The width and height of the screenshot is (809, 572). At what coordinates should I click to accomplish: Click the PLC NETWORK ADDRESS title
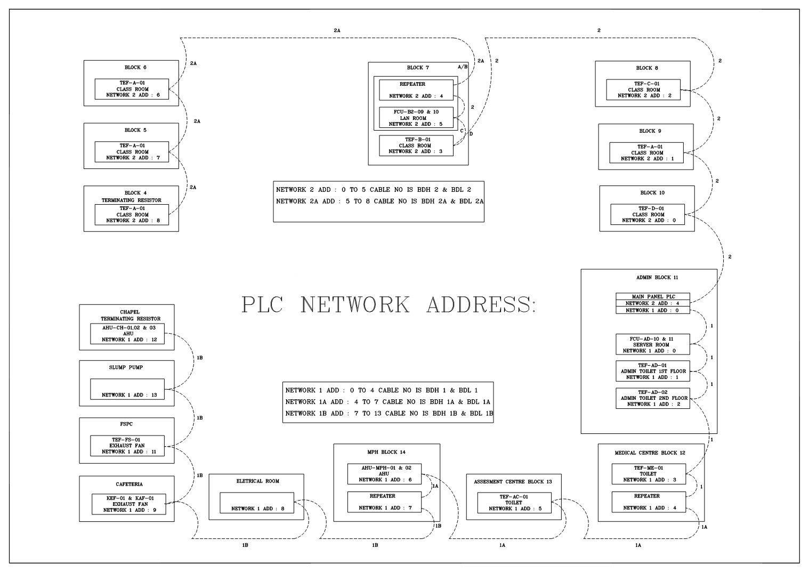[x=389, y=304]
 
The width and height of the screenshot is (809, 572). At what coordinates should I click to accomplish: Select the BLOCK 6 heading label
[x=135, y=68]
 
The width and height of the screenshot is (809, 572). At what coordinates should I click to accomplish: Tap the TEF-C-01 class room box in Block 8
[x=643, y=90]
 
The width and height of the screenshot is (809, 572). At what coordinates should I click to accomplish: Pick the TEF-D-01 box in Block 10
[x=648, y=214]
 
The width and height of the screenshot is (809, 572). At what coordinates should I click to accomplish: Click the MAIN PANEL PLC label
[x=653, y=296]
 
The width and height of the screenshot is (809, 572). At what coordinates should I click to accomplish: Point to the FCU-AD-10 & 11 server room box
[x=652, y=344]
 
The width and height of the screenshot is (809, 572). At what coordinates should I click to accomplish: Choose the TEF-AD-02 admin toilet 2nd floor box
[x=652, y=398]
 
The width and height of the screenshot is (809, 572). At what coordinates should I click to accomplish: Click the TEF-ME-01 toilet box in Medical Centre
[x=648, y=474]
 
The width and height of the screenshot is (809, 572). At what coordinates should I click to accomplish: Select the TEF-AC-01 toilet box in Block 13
[x=514, y=503]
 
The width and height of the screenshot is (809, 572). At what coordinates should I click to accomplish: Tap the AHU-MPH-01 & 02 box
[x=384, y=474]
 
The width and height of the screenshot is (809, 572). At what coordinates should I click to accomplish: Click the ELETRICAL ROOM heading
[x=257, y=481]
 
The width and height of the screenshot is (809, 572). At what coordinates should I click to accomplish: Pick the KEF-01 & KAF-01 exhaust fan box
[x=128, y=504]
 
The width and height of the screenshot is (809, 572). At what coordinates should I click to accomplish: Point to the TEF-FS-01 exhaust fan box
[x=127, y=446]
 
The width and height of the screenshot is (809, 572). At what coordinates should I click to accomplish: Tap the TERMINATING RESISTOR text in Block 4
[x=132, y=200]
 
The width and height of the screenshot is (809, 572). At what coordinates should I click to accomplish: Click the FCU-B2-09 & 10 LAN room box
[x=416, y=118]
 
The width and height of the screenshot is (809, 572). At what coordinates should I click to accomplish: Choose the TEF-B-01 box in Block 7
[x=416, y=146]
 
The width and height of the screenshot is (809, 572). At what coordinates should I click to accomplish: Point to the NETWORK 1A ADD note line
[x=387, y=402]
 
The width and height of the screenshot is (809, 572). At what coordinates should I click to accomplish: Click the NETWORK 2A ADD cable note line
[x=379, y=202]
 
